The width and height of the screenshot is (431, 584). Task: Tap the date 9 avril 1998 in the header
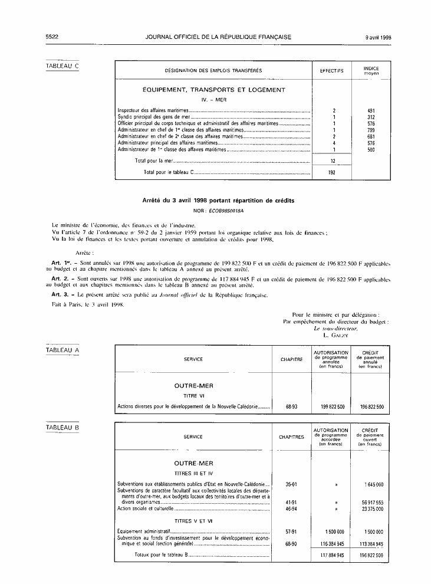(x=379, y=37)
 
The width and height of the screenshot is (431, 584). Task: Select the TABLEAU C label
(x=62, y=65)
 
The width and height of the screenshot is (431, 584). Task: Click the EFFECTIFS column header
(x=332, y=71)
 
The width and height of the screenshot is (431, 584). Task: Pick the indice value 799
(x=371, y=130)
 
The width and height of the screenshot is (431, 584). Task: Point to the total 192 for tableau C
(x=332, y=172)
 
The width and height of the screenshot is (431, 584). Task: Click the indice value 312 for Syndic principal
(x=371, y=117)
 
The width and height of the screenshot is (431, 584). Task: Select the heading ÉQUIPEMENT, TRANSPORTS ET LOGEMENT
(x=214, y=90)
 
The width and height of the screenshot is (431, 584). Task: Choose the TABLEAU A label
(x=62, y=351)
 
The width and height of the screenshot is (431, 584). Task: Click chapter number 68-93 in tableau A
(x=291, y=407)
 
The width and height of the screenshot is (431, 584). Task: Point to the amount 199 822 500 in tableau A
(x=331, y=407)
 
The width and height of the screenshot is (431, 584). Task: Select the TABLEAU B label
(x=62, y=426)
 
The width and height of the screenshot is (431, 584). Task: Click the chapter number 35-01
(x=291, y=484)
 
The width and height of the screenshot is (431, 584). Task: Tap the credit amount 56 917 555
(x=371, y=501)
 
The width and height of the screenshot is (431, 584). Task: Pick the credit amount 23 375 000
(x=371, y=508)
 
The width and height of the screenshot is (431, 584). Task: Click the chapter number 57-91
(x=291, y=531)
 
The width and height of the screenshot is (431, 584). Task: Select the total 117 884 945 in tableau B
(x=331, y=555)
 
